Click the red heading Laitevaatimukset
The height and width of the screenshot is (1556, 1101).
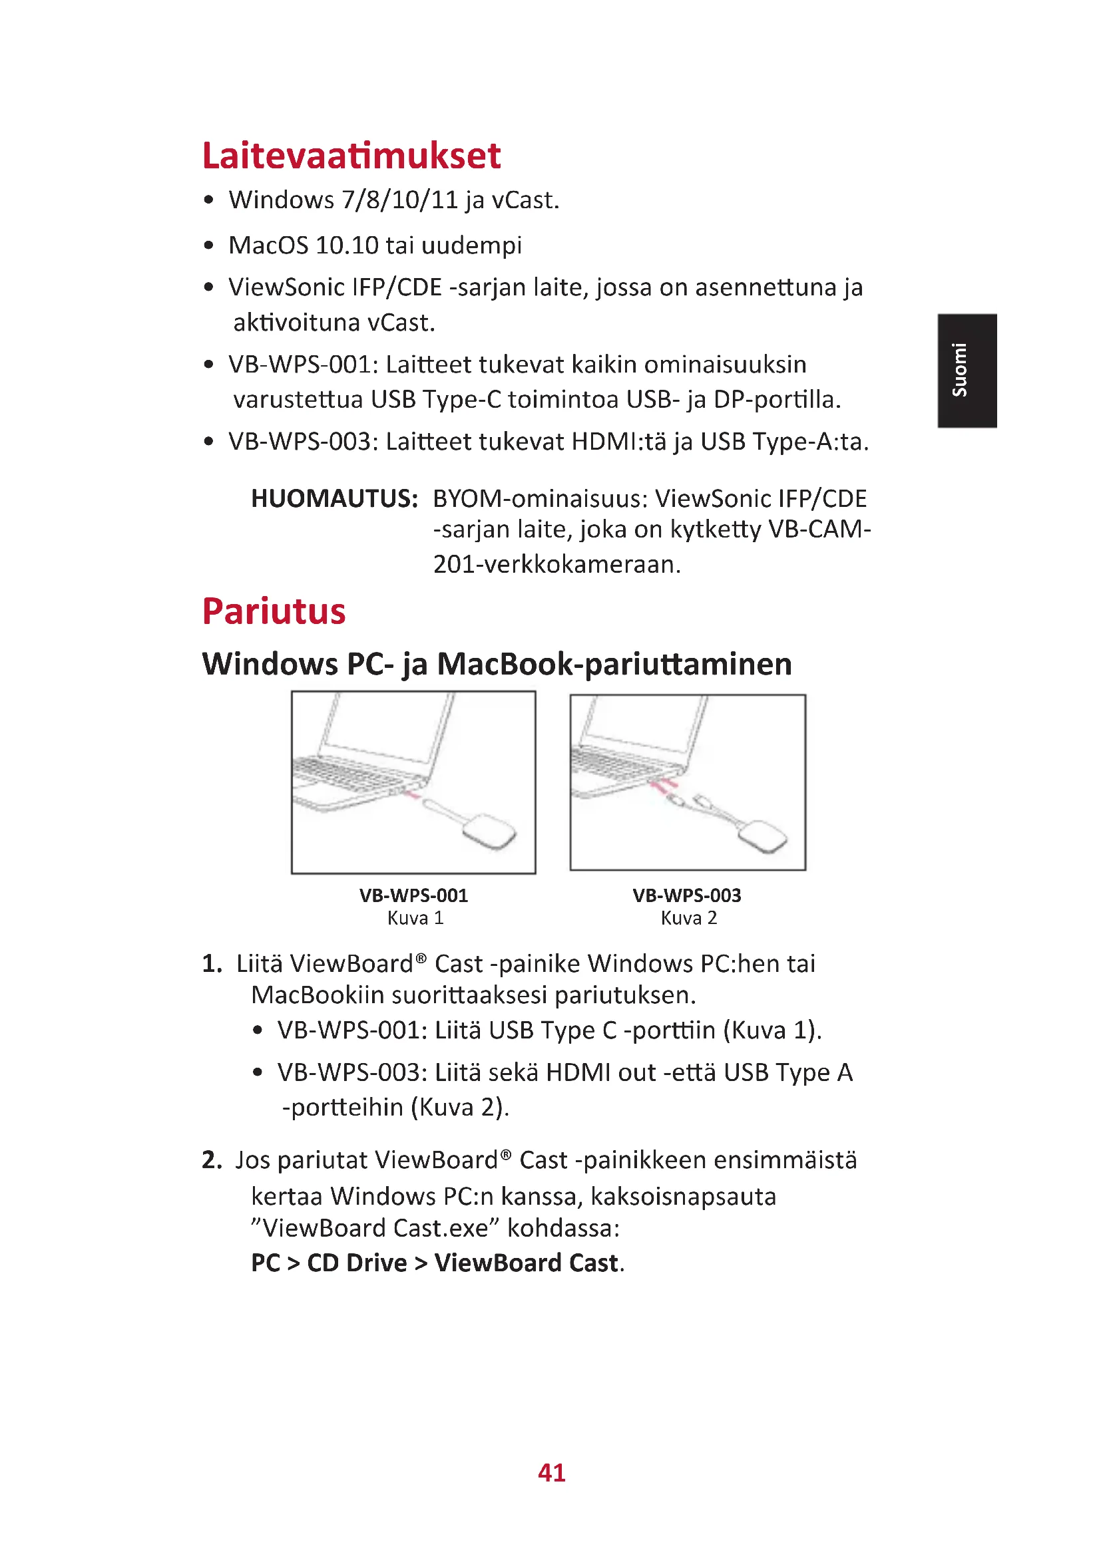click(x=351, y=156)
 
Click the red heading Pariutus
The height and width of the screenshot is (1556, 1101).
click(x=274, y=611)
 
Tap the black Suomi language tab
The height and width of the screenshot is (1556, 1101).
click(x=969, y=370)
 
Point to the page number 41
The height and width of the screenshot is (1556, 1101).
click(x=551, y=1473)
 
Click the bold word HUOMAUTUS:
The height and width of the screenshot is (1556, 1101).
click(x=334, y=499)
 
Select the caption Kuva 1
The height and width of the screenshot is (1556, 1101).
click(x=415, y=918)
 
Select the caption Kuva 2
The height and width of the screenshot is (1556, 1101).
click(x=688, y=918)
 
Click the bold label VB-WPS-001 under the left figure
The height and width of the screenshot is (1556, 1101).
click(x=413, y=896)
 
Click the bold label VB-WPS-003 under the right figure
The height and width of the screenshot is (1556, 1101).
click(x=687, y=896)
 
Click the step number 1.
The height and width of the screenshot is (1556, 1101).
click(x=211, y=964)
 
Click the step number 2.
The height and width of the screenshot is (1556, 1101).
click(x=211, y=1160)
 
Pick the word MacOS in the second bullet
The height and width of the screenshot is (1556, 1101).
click(x=268, y=245)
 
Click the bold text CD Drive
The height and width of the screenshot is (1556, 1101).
click(x=357, y=1263)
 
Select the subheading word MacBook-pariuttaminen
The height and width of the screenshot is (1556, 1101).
click(x=614, y=664)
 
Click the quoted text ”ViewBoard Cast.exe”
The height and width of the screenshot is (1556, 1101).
click(x=375, y=1228)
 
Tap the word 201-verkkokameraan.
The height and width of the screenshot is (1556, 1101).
click(x=556, y=564)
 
